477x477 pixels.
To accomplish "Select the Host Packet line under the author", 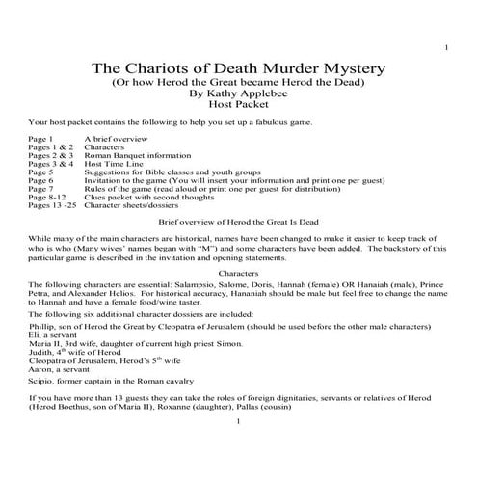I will pos(237,110).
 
